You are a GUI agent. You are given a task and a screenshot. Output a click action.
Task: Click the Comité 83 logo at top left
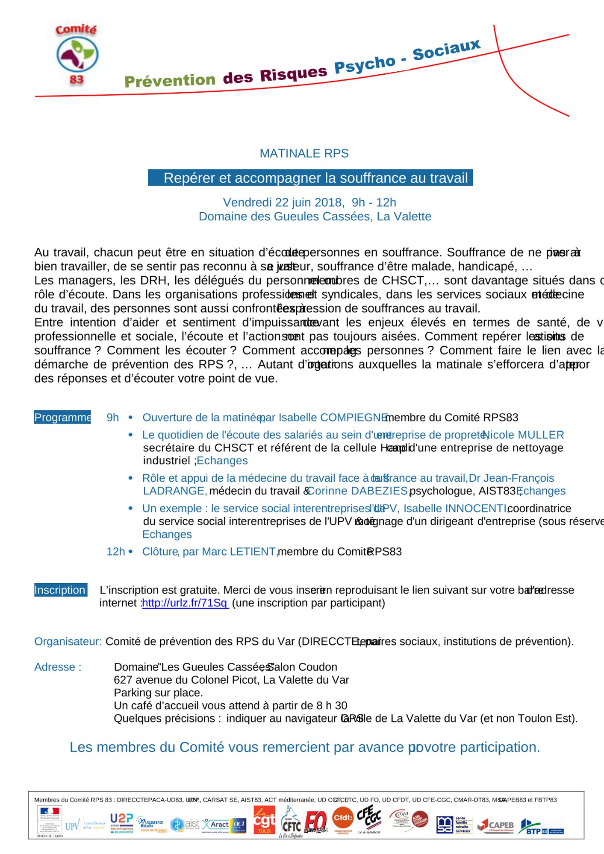(77, 55)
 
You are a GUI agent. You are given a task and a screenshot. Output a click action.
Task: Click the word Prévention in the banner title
(170, 80)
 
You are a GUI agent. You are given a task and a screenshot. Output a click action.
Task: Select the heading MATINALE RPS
(304, 153)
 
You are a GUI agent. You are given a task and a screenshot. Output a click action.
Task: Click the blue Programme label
(62, 417)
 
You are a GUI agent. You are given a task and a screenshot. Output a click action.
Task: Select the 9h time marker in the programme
(112, 417)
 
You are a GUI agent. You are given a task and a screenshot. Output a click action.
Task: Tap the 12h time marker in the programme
(115, 551)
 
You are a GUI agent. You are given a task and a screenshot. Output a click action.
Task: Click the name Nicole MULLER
(523, 435)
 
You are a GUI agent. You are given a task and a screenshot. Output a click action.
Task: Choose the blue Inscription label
(60, 590)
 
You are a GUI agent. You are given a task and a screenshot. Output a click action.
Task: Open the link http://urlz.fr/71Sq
(185, 603)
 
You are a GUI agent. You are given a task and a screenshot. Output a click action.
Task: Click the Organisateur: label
(68, 641)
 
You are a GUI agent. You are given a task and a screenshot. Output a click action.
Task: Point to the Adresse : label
(58, 667)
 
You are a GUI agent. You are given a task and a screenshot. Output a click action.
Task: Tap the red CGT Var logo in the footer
(264, 820)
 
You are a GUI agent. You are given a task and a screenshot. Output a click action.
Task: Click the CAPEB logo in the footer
(496, 826)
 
